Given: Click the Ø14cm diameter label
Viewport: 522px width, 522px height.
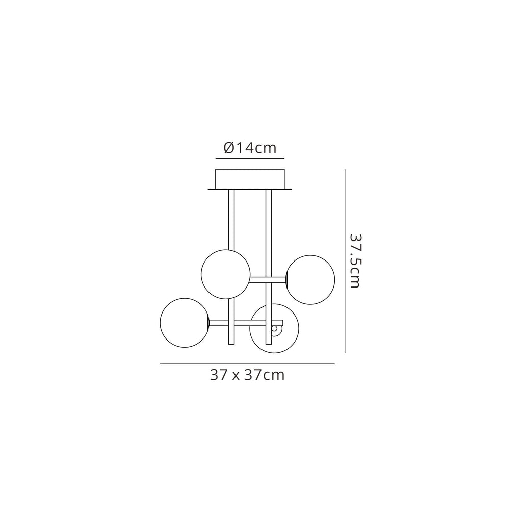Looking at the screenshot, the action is pyautogui.click(x=250, y=148).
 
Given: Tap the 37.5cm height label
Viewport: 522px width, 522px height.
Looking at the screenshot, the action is pyautogui.click(x=355, y=260).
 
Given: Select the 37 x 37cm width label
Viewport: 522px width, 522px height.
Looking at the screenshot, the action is pyautogui.click(x=247, y=375).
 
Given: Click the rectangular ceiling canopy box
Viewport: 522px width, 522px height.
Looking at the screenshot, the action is pyautogui.click(x=250, y=179).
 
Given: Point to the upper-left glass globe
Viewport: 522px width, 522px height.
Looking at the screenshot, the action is pyautogui.click(x=225, y=274).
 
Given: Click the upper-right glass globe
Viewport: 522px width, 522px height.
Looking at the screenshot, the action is pyautogui.click(x=310, y=280).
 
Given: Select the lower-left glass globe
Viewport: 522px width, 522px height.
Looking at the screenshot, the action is pyautogui.click(x=185, y=323).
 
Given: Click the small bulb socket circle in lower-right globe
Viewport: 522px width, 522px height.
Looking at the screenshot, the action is pyautogui.click(x=274, y=329).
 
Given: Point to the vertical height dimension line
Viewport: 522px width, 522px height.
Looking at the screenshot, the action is pyautogui.click(x=346, y=260).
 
